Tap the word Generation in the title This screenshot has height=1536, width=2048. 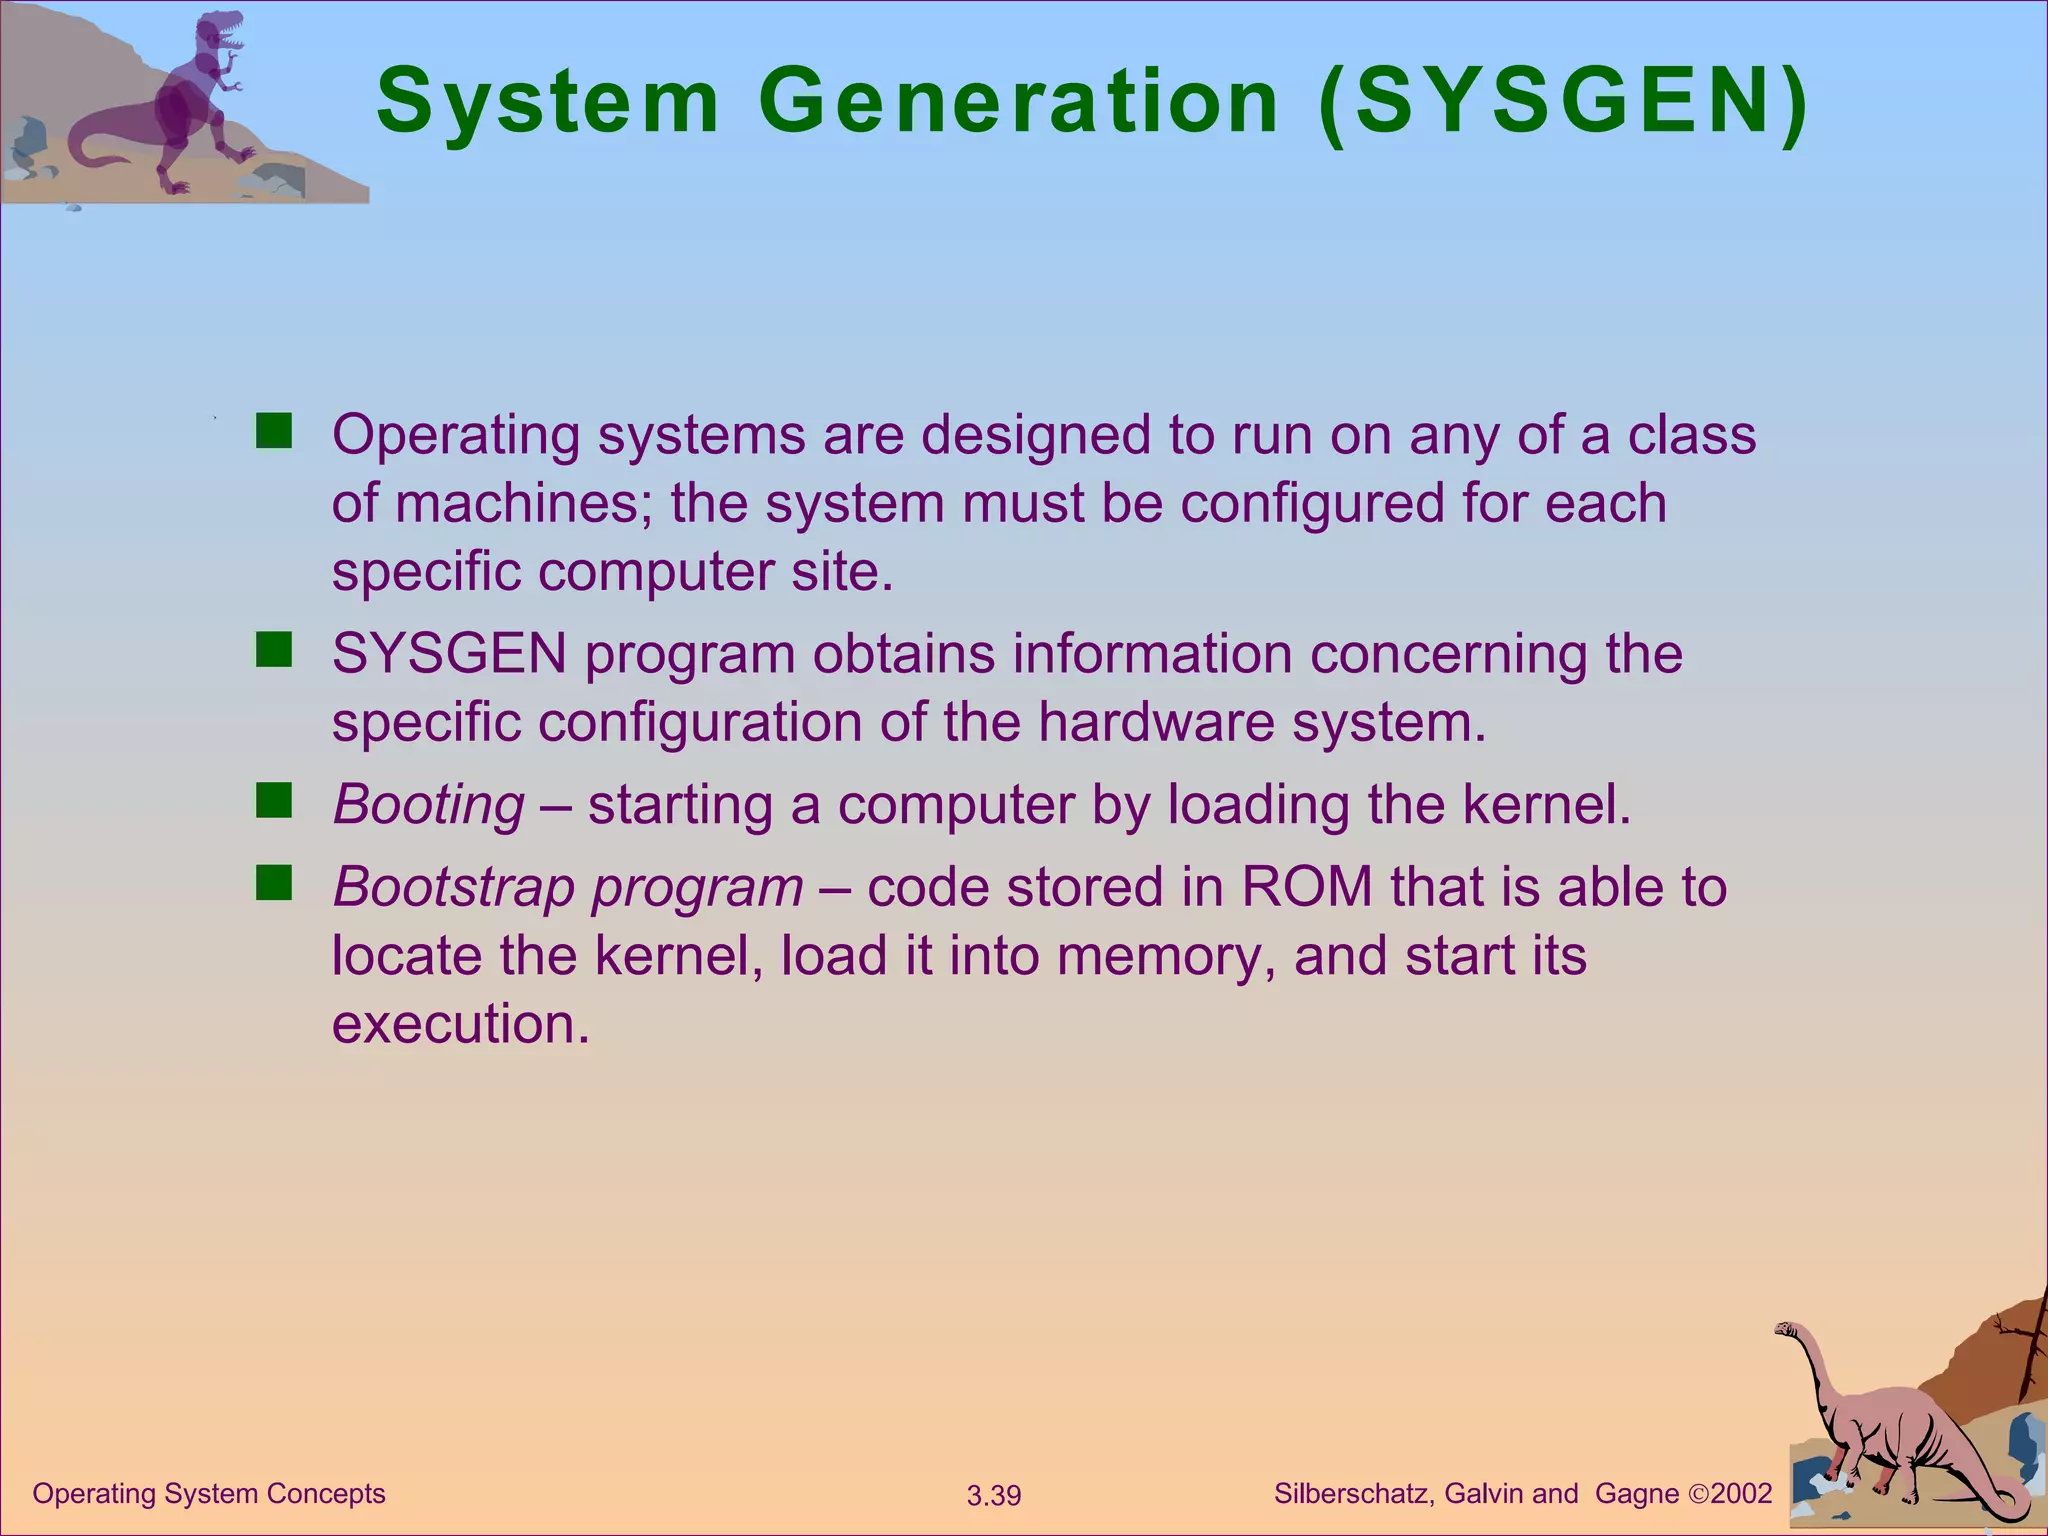point(1018,101)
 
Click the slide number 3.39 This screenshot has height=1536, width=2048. point(994,1496)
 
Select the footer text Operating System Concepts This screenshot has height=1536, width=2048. point(209,1494)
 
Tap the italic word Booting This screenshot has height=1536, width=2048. point(428,805)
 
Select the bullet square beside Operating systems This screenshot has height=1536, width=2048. point(273,432)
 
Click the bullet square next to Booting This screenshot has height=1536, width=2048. point(273,802)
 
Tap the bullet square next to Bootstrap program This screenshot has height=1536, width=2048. point(273,884)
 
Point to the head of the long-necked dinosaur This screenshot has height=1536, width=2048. point(1786,1329)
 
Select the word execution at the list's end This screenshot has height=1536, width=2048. point(460,1025)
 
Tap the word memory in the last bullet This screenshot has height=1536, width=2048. point(1164,956)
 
